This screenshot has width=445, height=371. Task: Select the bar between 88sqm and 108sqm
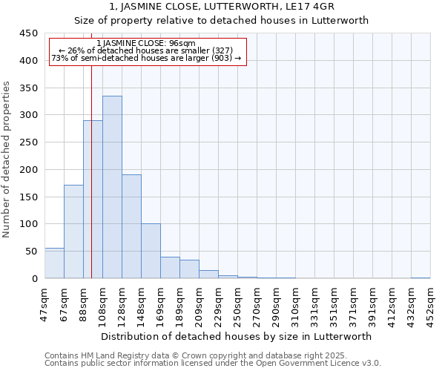click(x=93, y=200)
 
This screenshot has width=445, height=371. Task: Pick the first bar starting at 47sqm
click(x=54, y=263)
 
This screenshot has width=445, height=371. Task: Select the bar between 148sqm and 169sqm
click(x=151, y=251)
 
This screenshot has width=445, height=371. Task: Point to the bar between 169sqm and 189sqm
click(x=170, y=268)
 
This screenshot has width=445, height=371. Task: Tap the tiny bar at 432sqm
click(x=421, y=278)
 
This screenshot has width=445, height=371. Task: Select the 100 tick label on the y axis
click(x=29, y=224)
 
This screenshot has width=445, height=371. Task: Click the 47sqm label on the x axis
click(x=44, y=301)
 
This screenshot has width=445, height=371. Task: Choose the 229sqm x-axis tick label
click(x=218, y=301)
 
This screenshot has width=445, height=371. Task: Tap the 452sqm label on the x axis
click(x=430, y=301)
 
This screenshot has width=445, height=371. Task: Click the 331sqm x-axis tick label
click(x=314, y=301)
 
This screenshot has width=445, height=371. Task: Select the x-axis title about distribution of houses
click(x=237, y=336)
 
